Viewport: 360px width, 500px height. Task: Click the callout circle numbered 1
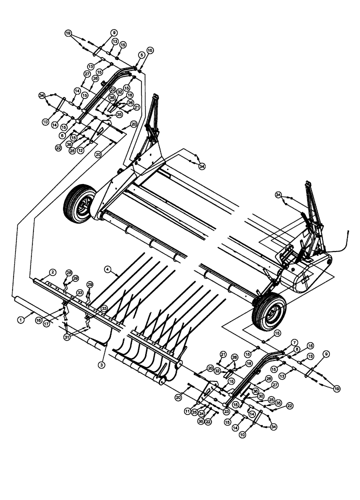click(20, 318)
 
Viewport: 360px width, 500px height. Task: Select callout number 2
click(52, 272)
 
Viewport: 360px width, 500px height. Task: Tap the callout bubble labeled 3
click(101, 366)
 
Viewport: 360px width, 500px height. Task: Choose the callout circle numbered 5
click(141, 54)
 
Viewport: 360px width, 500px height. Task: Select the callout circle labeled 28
click(69, 272)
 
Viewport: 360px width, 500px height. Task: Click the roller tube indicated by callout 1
click(25, 302)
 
